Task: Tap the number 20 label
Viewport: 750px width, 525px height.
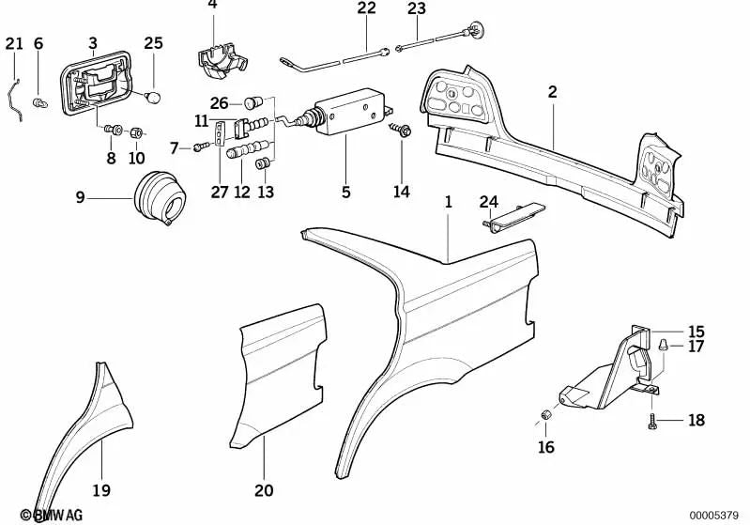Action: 264,488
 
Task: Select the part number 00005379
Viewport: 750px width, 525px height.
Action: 713,514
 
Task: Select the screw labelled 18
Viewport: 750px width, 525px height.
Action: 651,424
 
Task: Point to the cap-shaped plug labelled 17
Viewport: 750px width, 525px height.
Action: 665,345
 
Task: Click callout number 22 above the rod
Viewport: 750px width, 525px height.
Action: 365,8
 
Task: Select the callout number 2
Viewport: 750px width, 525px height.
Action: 553,91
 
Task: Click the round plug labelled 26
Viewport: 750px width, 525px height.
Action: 251,100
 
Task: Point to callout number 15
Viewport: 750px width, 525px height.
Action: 695,332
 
